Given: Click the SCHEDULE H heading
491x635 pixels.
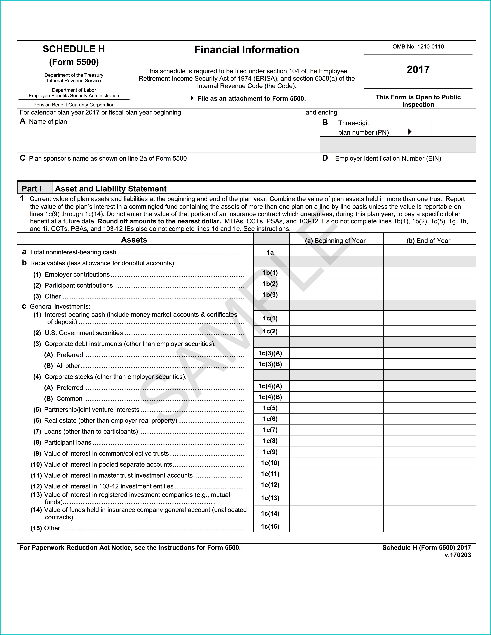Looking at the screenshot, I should [x=74, y=49].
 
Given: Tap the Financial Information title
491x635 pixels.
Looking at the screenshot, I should [x=247, y=50].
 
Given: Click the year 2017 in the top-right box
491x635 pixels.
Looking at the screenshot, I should [x=418, y=69].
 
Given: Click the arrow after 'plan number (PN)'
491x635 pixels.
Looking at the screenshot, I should [x=410, y=132].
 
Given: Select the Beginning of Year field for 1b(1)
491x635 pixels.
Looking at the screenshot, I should [x=336, y=273].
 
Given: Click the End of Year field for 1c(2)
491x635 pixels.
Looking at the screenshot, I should [x=429, y=331].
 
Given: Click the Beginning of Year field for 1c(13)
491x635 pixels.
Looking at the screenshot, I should [x=336, y=498].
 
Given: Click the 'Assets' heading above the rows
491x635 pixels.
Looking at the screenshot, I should [x=134, y=240].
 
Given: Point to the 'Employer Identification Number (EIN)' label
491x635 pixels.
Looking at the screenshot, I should [x=388, y=158].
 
